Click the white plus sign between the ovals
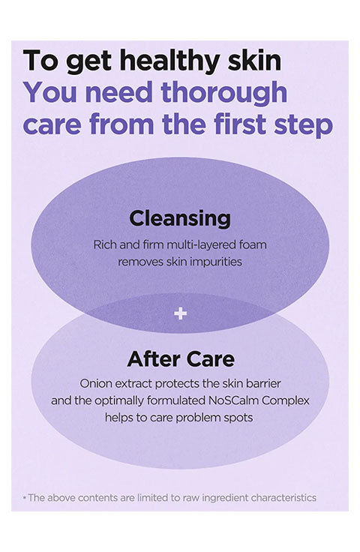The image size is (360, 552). [x=180, y=313]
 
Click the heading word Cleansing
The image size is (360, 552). [x=180, y=219]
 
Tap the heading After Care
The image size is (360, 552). [x=181, y=359]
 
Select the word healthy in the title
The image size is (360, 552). [x=171, y=61]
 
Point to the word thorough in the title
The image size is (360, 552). [x=223, y=92]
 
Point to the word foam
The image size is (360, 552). [x=253, y=244]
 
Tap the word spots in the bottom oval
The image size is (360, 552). [x=238, y=418]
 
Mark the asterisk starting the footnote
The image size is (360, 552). [x=24, y=498]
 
